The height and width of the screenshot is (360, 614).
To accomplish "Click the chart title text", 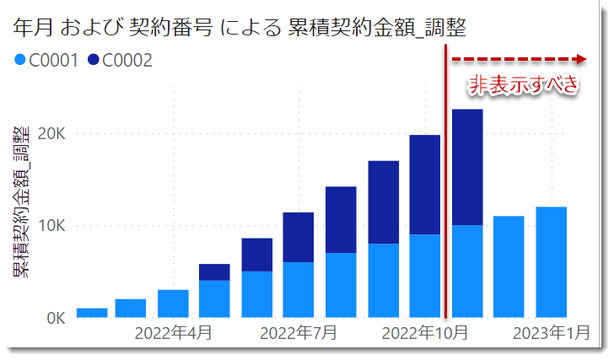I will [240, 29].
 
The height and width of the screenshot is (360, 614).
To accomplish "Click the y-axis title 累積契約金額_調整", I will [20, 202].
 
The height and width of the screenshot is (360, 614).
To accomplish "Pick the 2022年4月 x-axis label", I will [173, 333].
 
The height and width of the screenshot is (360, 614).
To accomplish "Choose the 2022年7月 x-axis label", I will [298, 333].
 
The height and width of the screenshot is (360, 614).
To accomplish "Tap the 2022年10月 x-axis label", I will [425, 333].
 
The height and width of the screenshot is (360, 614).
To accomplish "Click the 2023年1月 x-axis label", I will [552, 333].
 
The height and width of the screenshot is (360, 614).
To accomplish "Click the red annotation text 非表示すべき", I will [524, 84].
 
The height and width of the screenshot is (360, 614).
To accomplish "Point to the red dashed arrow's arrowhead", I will [580, 59].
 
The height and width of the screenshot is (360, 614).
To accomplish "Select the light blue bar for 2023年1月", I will [552, 262].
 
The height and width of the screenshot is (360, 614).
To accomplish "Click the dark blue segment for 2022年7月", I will [299, 237].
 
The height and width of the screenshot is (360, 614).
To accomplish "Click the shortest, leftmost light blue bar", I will [92, 313].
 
